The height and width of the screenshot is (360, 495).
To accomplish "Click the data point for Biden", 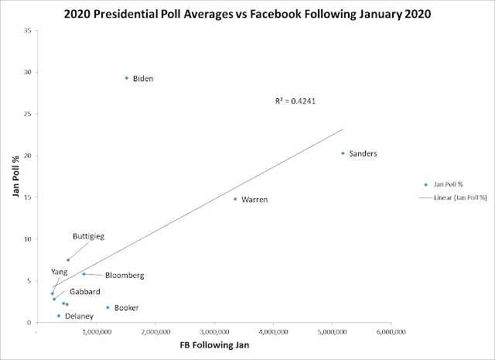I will pos(127,78).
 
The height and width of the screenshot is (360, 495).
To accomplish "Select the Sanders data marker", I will pos(343,153).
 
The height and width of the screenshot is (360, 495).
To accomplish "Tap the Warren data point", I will pos(235,199).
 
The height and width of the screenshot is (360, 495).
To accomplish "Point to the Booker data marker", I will pos(108,307).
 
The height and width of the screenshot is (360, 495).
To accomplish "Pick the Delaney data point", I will pos(59,316).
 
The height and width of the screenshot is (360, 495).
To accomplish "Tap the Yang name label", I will pos(60,272).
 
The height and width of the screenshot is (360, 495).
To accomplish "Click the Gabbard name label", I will pos(84,291).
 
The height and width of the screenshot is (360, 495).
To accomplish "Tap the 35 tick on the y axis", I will pos(28,31).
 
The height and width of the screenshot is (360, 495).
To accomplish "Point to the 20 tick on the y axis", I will pos(28,156).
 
